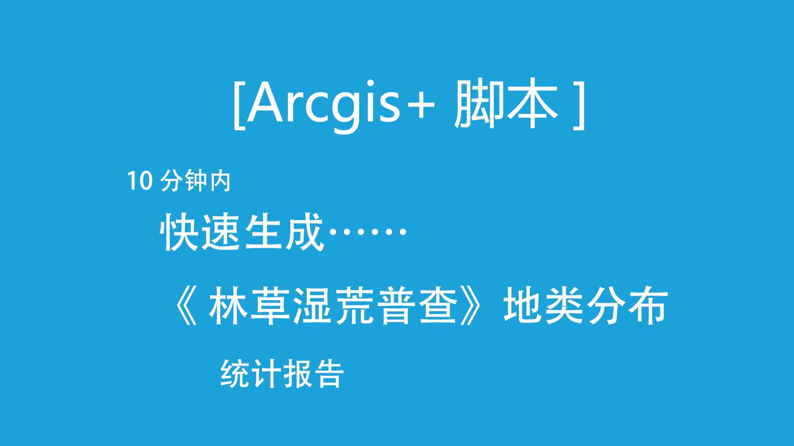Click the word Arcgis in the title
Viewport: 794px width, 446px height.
tap(323, 105)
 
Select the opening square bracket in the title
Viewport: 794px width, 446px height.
tap(239, 105)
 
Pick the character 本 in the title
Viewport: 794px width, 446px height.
tap(533, 104)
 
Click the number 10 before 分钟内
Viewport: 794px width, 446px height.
tap(139, 181)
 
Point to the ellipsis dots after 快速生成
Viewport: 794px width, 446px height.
tap(367, 232)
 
